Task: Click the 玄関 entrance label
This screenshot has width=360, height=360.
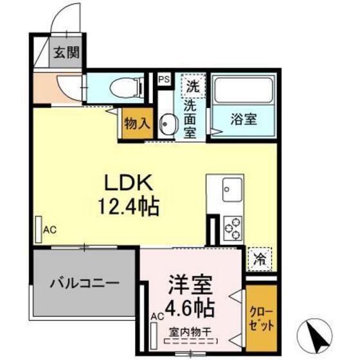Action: coord(66,53)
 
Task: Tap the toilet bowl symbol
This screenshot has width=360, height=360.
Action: coord(126,88)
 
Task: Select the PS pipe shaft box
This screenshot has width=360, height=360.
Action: coord(165,79)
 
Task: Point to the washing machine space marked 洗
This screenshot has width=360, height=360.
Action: coord(193,86)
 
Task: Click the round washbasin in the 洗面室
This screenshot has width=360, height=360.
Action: coord(168,123)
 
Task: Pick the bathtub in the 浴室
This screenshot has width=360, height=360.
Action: coord(244,90)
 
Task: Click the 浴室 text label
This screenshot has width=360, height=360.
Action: coord(244,119)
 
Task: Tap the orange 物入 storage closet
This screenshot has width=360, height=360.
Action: coord(138,123)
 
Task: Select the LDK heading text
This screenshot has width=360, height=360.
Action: coord(129,183)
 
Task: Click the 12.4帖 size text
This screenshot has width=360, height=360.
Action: coord(129,206)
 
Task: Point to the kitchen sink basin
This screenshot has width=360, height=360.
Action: coord(232,190)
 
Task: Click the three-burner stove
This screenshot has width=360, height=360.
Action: coord(233,228)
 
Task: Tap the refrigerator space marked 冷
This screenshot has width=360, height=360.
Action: coord(260,260)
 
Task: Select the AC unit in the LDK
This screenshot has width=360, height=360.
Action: coord(39,230)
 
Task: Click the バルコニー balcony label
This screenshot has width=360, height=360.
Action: coord(84,283)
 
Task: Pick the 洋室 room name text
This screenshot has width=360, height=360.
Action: coord(190,285)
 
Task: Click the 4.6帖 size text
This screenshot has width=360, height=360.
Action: coord(190,307)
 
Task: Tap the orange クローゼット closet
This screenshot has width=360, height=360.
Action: coord(261,318)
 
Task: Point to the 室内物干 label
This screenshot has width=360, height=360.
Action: coord(190,332)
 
